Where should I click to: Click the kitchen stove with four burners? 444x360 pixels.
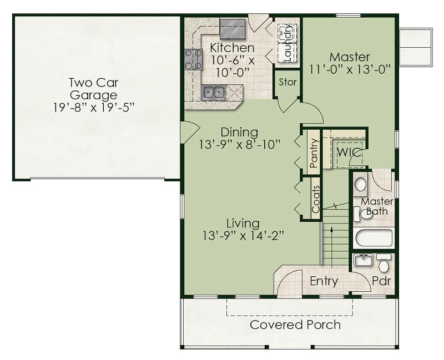pos(193,59)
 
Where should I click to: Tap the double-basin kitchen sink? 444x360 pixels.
pos(214,92)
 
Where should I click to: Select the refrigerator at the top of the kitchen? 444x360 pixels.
pos(233,29)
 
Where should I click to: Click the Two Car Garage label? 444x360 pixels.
pos(93,89)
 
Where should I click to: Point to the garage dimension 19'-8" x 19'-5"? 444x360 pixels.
pos(94,108)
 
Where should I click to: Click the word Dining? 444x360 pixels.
pos(239,133)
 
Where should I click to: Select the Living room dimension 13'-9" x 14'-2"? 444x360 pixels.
pos(243,236)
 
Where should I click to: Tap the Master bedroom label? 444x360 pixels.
pos(350,57)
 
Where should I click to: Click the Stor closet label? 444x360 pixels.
pos(287,82)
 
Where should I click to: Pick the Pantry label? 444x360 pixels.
pos(314,153)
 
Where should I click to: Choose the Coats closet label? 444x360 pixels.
pos(315,199)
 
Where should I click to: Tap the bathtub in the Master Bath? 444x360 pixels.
pos(374,238)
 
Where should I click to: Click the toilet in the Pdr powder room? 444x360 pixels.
pos(384,263)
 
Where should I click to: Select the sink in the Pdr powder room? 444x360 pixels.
pos(363,260)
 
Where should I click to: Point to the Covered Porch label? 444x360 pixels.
pos(295,325)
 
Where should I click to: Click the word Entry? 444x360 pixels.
pos(324,281)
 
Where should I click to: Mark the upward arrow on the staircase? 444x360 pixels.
pos(331,247)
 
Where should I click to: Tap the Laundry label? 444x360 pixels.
pos(287,43)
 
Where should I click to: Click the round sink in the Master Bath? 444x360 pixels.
pos(360,185)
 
